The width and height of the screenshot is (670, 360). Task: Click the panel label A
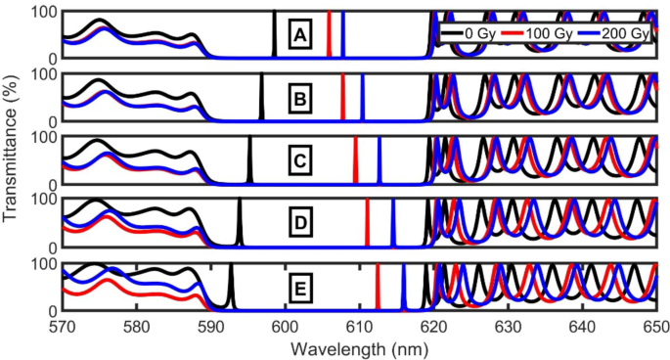[x=302, y=37]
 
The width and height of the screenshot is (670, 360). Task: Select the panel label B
[x=300, y=98]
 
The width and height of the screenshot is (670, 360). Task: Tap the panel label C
[x=301, y=160]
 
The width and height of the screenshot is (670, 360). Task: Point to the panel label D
[x=301, y=224]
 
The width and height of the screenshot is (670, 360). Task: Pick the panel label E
[x=300, y=288]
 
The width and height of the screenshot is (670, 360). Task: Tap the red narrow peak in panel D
[x=367, y=224]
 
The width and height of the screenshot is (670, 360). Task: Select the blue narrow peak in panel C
[x=380, y=160]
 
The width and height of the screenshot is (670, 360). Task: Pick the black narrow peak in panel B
[x=261, y=98]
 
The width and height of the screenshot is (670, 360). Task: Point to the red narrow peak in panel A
[x=329, y=35]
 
